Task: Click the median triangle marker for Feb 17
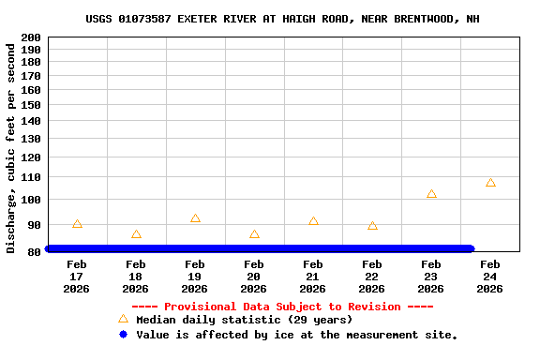pyautogui.click(x=77, y=224)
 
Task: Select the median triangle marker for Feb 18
pyautogui.click(x=136, y=234)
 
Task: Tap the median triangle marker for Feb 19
pyautogui.click(x=195, y=218)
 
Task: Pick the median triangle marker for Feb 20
pyautogui.click(x=254, y=234)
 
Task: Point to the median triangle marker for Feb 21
pyautogui.click(x=313, y=221)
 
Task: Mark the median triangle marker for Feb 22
pyautogui.click(x=372, y=226)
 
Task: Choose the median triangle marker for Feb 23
pyautogui.click(x=431, y=194)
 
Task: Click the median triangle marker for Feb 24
pyautogui.click(x=490, y=183)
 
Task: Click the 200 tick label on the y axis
pyautogui.click(x=30, y=37)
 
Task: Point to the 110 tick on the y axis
pyautogui.click(x=30, y=177)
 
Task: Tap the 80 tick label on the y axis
pyautogui.click(x=33, y=251)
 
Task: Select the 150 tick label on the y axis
pyautogui.click(x=30, y=105)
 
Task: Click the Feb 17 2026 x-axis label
pyautogui.click(x=77, y=277)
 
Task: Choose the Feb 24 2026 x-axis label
pyautogui.click(x=490, y=277)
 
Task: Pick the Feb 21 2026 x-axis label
pyautogui.click(x=313, y=277)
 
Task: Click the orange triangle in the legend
pyautogui.click(x=123, y=320)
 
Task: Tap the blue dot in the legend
pyautogui.click(x=123, y=335)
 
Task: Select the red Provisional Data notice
pyautogui.click(x=282, y=307)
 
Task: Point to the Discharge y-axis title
pyautogui.click(x=11, y=147)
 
